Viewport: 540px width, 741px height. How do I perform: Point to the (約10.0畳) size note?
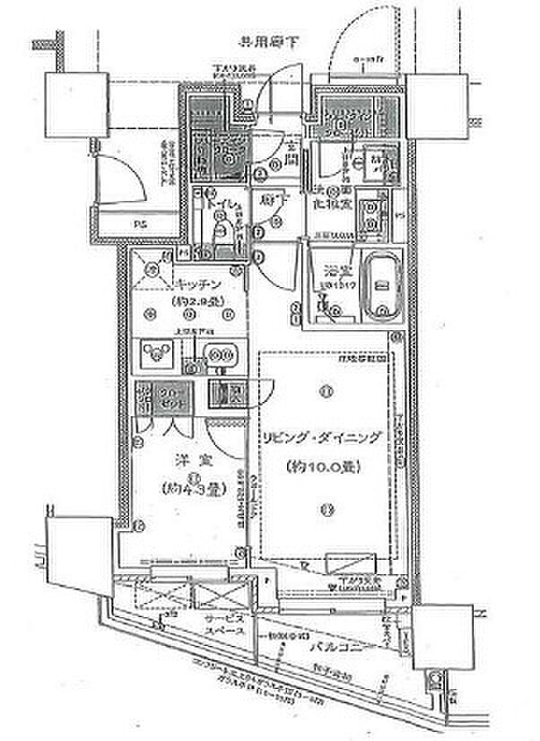[x=321, y=467]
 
